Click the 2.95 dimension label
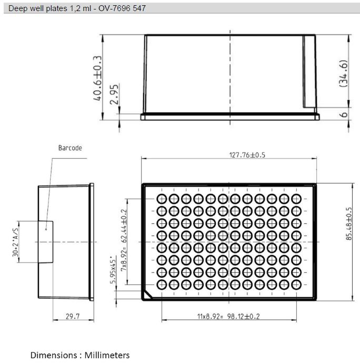coord(113,95)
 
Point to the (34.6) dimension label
coord(344,74)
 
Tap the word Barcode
coord(70,148)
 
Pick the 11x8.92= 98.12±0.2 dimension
coord(228,316)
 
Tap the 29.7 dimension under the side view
coord(72,316)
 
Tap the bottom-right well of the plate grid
coord(296,284)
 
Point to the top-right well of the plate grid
coord(296,200)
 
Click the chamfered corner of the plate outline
coord(147,295)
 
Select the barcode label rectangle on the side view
coord(46,241)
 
